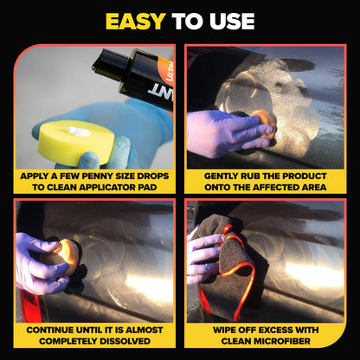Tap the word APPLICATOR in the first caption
pos(108,186)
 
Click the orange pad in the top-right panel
pos(261,123)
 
